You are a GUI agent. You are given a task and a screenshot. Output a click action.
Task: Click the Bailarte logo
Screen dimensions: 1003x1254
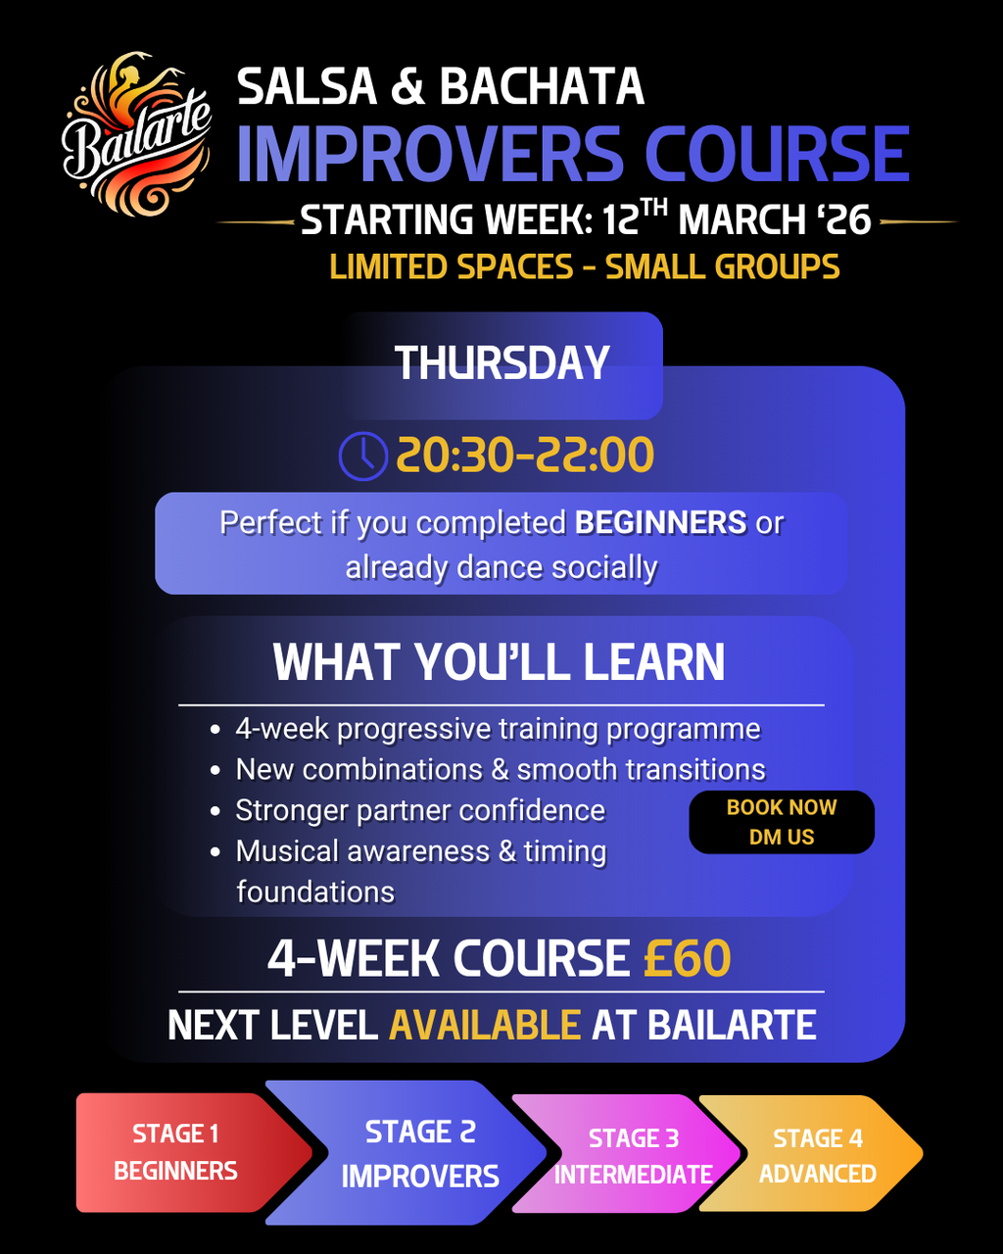tap(136, 134)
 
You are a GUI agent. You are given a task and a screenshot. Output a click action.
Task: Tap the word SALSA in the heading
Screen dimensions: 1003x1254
tap(308, 86)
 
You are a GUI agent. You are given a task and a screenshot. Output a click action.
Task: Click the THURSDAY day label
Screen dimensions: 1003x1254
tap(501, 362)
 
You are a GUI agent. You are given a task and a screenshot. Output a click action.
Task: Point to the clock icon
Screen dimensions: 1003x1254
tap(362, 456)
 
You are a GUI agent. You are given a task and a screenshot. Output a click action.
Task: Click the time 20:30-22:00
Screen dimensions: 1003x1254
tap(525, 455)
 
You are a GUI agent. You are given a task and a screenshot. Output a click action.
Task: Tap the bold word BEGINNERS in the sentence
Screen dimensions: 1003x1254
tap(660, 522)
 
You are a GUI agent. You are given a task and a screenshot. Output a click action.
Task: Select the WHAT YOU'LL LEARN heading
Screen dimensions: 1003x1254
tap(499, 662)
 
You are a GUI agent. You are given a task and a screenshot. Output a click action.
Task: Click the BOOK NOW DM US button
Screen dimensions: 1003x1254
tap(782, 822)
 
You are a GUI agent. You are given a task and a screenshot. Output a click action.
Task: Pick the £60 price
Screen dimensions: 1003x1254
tap(687, 958)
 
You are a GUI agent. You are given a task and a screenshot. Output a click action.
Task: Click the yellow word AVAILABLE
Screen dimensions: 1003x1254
tap(485, 1025)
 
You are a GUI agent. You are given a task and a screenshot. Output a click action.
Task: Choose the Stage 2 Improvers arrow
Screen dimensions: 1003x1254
tap(406, 1153)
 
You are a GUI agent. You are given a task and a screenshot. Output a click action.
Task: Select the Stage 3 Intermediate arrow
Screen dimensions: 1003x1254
tap(626, 1154)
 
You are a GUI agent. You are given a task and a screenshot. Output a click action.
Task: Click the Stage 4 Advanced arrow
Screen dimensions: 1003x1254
tap(811, 1154)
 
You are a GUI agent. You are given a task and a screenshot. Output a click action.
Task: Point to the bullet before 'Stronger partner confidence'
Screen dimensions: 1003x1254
tap(215, 811)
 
